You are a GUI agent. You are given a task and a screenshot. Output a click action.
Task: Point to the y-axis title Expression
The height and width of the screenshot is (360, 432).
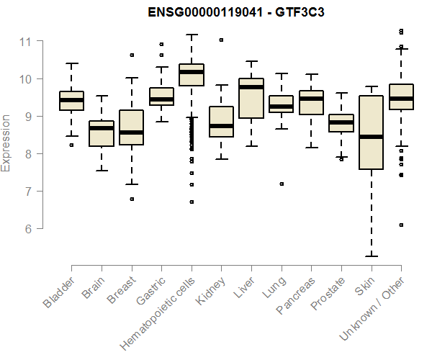[6, 142]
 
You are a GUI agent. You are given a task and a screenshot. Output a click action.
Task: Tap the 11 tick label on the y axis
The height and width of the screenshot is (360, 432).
[27, 41]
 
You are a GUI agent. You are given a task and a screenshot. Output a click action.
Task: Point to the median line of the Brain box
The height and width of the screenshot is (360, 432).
[102, 128]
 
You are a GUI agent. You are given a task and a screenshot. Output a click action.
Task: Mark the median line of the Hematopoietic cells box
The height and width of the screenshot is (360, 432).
[192, 72]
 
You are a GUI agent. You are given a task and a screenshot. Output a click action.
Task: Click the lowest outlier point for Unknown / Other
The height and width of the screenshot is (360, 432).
[401, 225]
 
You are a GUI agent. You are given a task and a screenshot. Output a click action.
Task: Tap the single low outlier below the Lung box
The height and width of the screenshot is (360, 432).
[282, 184]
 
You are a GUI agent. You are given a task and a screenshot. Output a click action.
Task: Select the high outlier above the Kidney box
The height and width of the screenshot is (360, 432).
[221, 40]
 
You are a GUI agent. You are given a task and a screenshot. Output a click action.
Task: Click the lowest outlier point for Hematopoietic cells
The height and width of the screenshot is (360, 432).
[192, 202]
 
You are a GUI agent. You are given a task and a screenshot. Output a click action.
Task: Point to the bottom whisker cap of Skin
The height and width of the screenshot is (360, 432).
[371, 256]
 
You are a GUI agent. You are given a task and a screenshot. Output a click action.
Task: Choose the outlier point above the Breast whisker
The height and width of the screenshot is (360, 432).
[132, 55]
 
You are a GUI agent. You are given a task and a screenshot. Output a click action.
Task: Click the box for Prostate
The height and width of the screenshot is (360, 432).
[341, 123]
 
